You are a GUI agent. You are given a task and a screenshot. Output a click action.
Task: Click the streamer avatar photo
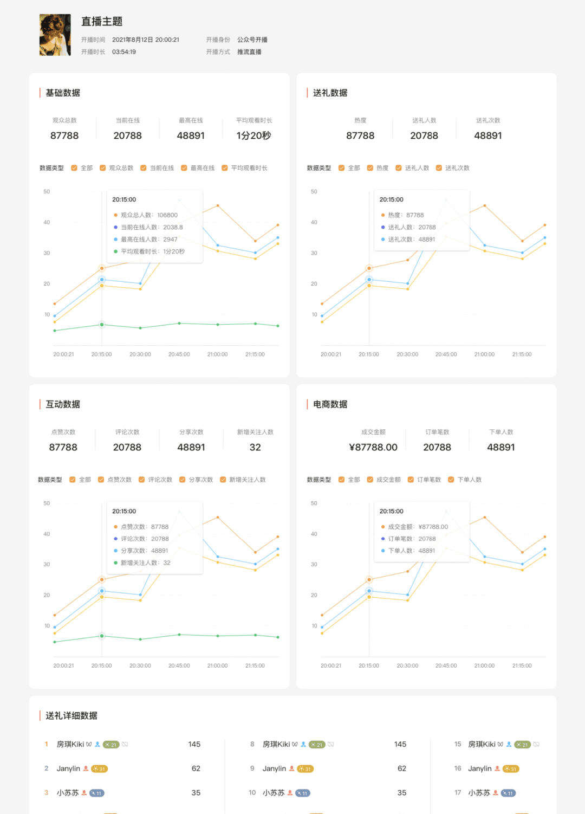[x=55, y=35]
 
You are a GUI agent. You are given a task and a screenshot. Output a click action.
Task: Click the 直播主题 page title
[x=102, y=22]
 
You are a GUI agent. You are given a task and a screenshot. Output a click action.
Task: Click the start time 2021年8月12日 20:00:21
[x=146, y=40]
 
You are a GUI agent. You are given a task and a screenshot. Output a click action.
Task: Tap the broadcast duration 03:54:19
[x=124, y=52]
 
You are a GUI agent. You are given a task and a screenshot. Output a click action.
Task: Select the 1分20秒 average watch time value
[x=253, y=135]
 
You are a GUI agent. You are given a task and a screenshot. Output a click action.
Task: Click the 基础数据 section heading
[x=63, y=93]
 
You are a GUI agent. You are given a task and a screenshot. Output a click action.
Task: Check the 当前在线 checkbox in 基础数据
[x=144, y=168]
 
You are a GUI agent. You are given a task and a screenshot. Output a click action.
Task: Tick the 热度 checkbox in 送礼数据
[x=370, y=168]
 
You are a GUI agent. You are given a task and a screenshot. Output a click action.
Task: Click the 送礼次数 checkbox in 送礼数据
[x=439, y=168]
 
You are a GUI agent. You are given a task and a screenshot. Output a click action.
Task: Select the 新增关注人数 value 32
[x=255, y=447]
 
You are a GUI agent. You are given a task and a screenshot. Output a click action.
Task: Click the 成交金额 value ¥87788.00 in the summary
[x=373, y=447]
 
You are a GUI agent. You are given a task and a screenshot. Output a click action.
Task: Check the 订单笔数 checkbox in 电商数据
[x=411, y=480]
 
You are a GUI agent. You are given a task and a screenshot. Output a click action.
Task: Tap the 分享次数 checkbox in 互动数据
[x=183, y=480]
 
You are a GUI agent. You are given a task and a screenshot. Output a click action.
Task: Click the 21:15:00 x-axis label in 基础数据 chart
[x=255, y=354]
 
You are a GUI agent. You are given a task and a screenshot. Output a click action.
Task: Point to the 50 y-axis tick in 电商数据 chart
[x=314, y=503]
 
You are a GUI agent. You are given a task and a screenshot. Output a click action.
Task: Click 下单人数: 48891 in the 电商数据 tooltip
[x=412, y=551]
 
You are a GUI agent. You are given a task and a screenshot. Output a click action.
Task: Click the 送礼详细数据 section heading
[x=71, y=716]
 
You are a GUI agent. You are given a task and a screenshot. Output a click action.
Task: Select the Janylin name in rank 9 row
[x=274, y=768]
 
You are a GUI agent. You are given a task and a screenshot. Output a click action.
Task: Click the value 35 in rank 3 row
[x=196, y=793]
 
